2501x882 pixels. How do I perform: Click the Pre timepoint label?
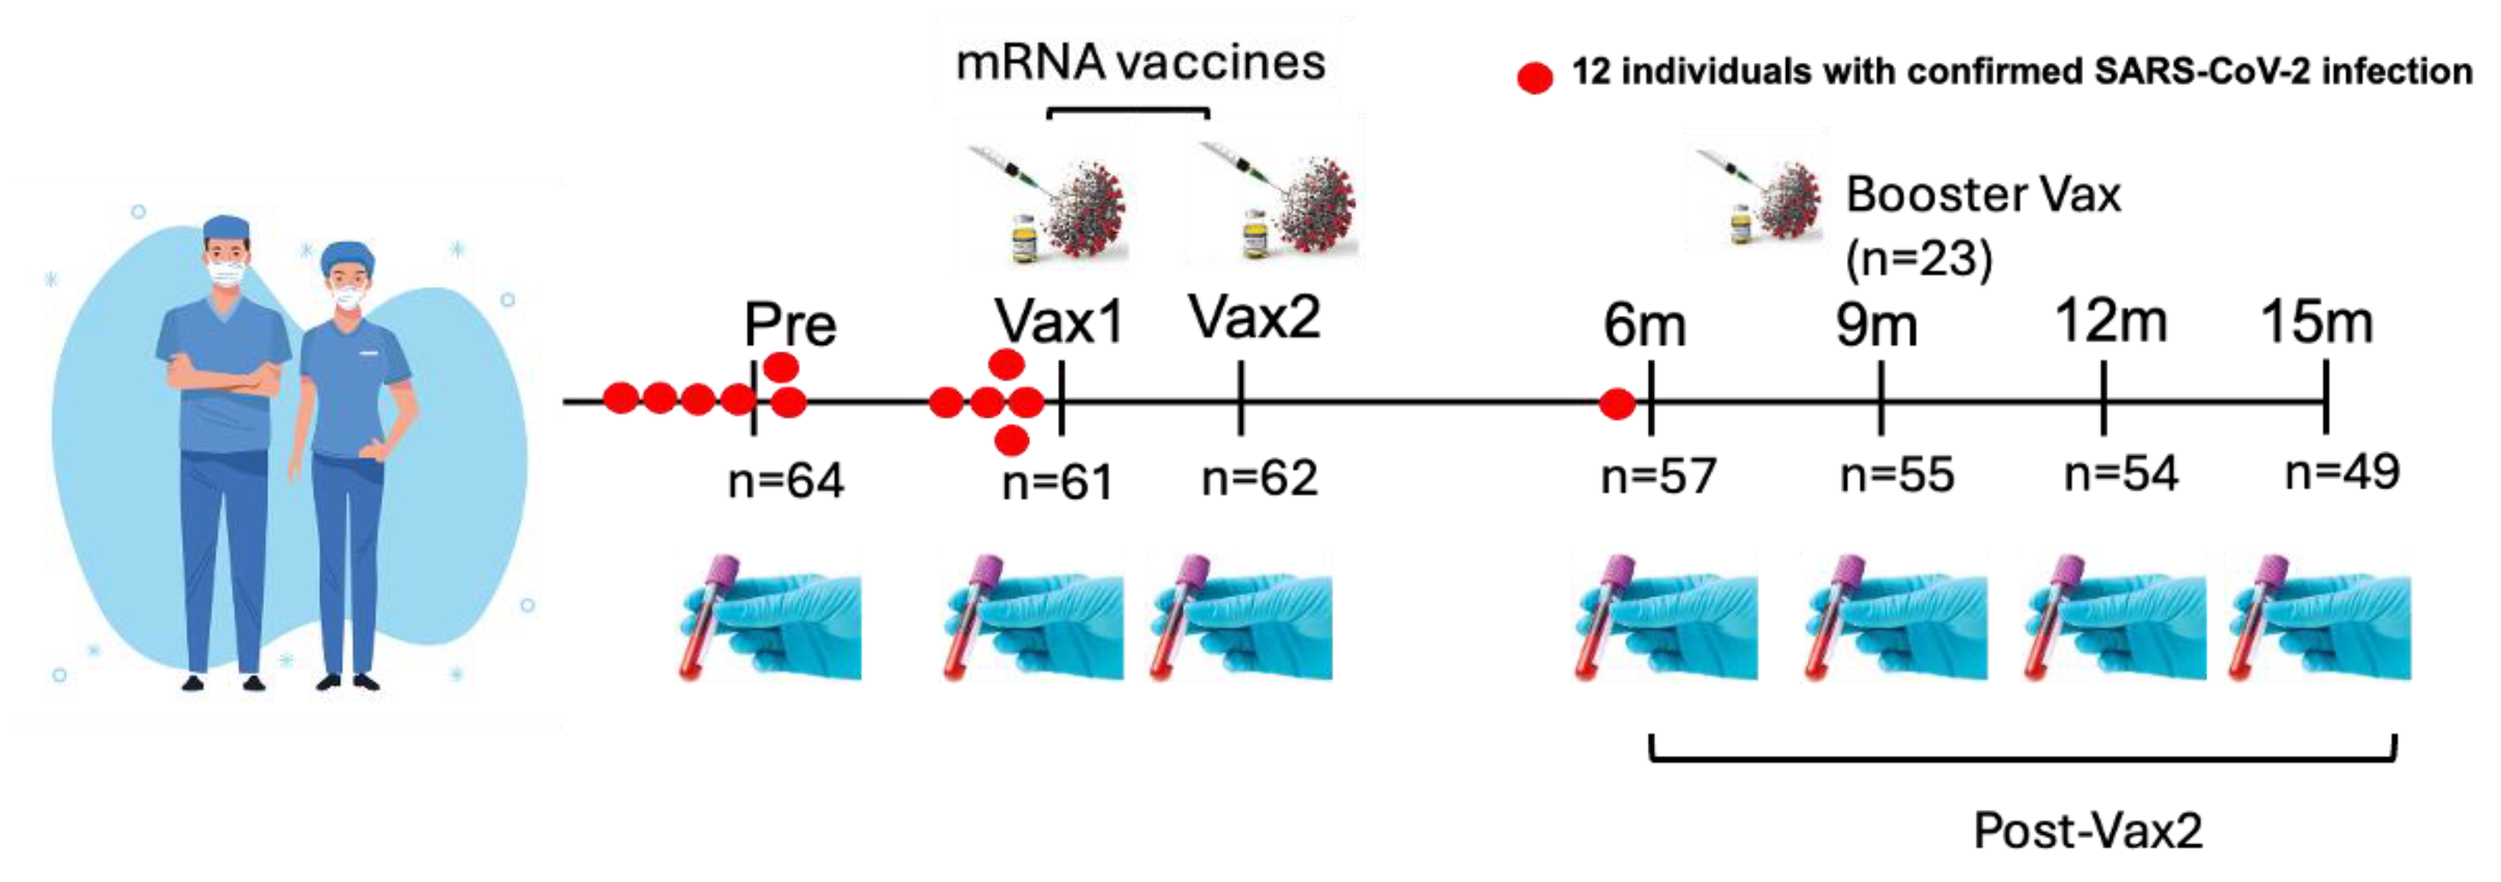[788, 325]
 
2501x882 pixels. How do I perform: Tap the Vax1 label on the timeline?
[1058, 321]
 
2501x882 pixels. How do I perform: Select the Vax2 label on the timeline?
[1254, 318]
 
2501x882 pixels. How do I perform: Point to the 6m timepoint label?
[1644, 325]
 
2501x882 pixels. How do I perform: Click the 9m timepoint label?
[1876, 325]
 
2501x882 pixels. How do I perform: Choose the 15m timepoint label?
[2317, 322]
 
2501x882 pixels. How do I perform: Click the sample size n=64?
[786, 481]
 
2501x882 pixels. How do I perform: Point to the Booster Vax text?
[1983, 195]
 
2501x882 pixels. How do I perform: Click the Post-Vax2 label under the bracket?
[2088, 830]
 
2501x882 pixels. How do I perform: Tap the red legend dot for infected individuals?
[1534, 77]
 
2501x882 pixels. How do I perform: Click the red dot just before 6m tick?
[1616, 403]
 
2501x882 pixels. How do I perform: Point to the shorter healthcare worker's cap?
[347, 257]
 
